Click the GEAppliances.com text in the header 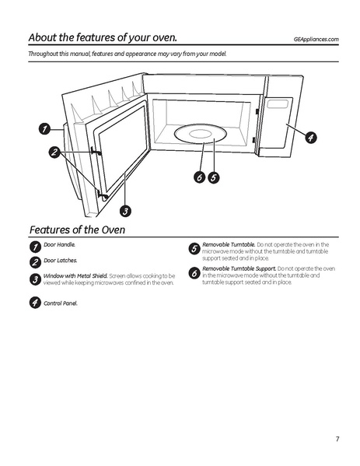(316, 39)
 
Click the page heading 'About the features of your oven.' (102, 37)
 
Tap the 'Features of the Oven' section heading (77, 229)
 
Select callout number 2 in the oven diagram (54, 152)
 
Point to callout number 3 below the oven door (125, 209)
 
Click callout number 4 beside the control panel (309, 138)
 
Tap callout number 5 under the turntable (213, 177)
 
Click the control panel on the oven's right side (278, 124)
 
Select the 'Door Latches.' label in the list (60, 260)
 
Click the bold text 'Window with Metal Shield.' (75, 275)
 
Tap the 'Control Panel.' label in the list (61, 303)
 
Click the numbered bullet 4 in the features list (35, 302)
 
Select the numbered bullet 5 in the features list (194, 249)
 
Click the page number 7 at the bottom (337, 440)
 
